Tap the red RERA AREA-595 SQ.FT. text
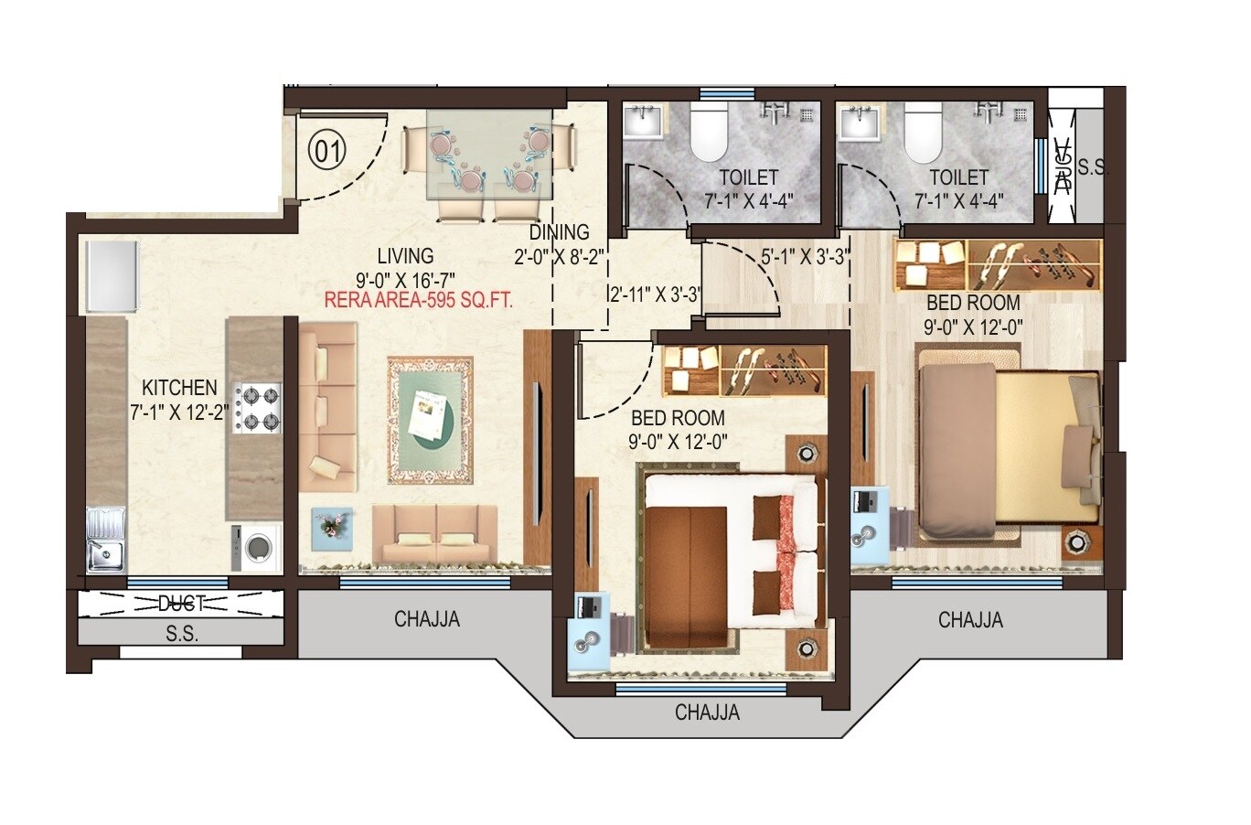coord(419,299)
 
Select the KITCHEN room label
coord(179,388)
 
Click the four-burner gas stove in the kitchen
coord(257,409)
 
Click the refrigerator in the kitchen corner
coord(112,275)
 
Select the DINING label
coord(559,232)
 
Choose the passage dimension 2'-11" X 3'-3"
coord(656,295)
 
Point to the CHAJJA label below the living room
coord(427,619)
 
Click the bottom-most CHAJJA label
coord(707,712)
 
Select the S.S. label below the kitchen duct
coord(182,633)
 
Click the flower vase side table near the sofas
coord(331,529)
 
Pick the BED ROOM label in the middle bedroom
coord(678,418)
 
